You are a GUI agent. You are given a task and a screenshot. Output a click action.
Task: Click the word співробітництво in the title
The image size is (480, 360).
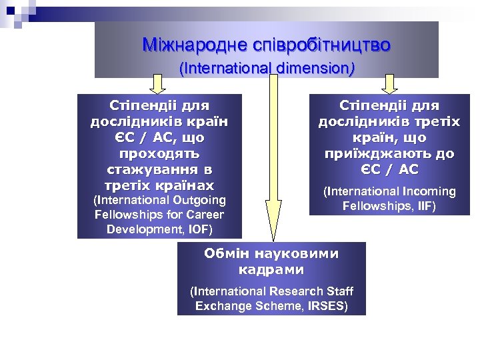[x=319, y=45]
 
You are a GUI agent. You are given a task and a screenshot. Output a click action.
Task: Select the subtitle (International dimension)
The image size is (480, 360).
[x=267, y=68]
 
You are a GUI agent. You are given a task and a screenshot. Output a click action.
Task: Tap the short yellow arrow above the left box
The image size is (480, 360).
[x=157, y=84]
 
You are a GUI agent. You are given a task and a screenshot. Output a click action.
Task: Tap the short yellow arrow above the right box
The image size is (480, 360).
[x=389, y=84]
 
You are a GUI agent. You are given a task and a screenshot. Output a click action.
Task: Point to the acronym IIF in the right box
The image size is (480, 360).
[x=422, y=206]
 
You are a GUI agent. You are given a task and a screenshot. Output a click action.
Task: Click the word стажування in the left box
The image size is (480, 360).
[x=159, y=169]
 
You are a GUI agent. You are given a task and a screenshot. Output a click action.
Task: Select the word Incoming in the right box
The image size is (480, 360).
[x=427, y=192]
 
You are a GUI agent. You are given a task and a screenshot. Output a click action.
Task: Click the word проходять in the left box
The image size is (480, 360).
[x=159, y=153]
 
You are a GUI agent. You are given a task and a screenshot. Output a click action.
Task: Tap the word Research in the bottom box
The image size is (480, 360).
[x=295, y=291]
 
